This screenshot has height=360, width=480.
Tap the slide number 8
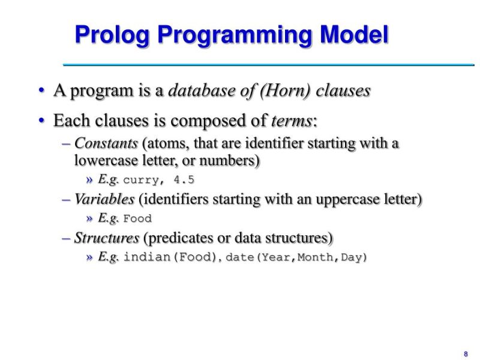[x=465, y=353]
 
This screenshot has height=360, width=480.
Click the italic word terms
[x=292, y=121]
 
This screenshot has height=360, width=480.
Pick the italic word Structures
[x=107, y=238]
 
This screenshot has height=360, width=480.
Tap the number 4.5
[x=184, y=180]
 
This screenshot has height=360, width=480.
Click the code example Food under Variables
[x=137, y=218]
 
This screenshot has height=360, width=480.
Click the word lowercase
[x=101, y=161]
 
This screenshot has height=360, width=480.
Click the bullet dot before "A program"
[x=42, y=91]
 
